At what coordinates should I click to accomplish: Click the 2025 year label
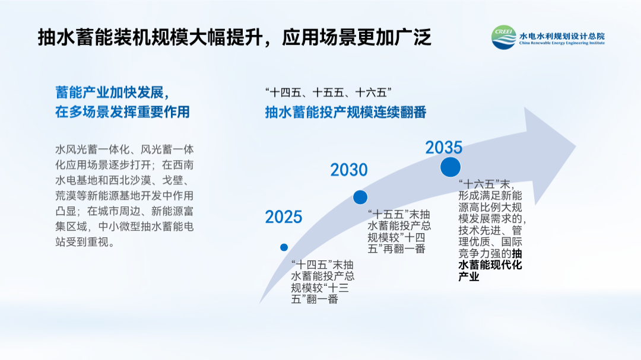pos(284,217)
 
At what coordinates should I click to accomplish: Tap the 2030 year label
pos(349,170)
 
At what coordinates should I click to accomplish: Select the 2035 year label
pos(444,148)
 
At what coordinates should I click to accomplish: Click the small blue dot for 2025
pos(284,247)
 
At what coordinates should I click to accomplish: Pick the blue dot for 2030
pos(360,197)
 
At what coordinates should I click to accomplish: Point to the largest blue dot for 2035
pos(450,167)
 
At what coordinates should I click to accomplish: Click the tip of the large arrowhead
pos(576,146)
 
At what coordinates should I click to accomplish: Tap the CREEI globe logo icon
pos(504,37)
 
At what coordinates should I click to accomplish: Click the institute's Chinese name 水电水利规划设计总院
pos(561,36)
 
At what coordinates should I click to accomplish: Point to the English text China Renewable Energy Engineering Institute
pos(561,43)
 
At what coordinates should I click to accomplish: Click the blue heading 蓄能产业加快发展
pos(110,93)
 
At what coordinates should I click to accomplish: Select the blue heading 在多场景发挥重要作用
pos(123,112)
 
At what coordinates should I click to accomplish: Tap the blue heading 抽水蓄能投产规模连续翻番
pos(346,112)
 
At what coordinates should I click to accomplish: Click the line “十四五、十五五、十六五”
pos(328,93)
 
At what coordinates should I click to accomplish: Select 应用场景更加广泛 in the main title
pos(357,37)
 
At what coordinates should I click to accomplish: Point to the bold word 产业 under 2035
pos(468,276)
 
